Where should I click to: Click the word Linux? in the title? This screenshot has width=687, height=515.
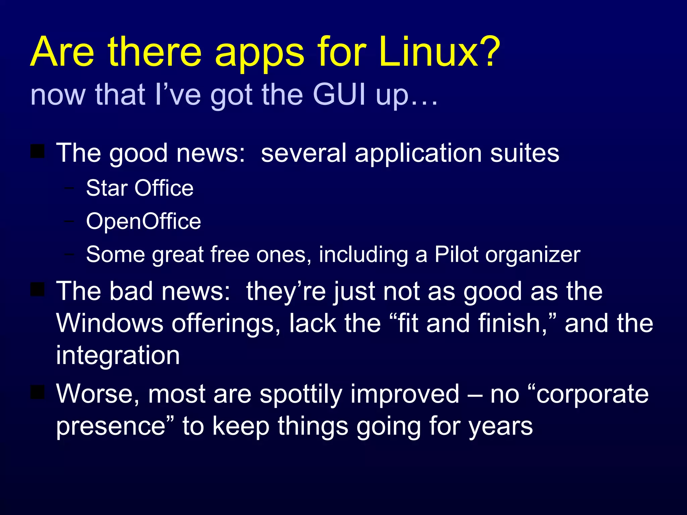click(439, 52)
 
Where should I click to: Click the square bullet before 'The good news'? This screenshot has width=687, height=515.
click(38, 151)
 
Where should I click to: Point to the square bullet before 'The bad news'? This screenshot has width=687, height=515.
click(38, 289)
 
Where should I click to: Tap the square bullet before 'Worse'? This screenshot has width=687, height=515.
click(38, 392)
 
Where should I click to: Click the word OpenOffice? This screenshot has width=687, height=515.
click(143, 221)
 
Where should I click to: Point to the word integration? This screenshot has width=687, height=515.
click(118, 355)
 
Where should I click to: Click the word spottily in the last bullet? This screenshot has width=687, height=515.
click(301, 394)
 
